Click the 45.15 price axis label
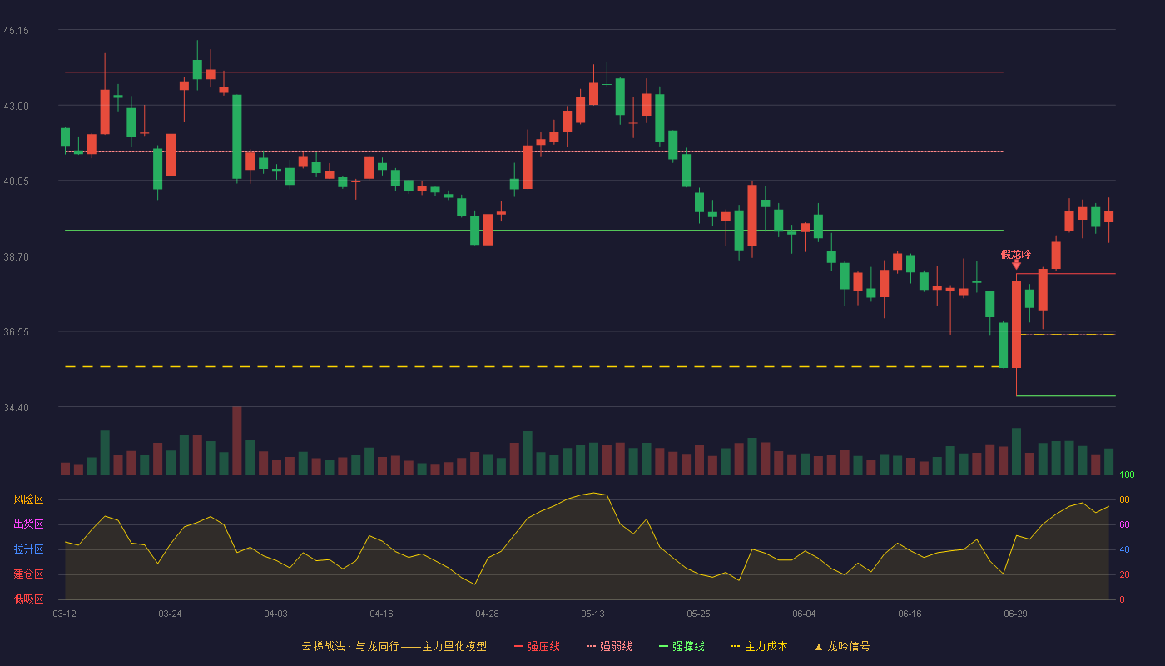(x=16, y=31)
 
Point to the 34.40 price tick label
(x=16, y=407)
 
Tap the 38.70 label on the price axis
(x=16, y=257)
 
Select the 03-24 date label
(x=170, y=614)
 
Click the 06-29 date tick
(x=1016, y=614)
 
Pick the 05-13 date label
(x=592, y=614)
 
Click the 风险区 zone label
(x=28, y=499)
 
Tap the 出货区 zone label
(x=28, y=524)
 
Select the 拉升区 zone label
(x=28, y=549)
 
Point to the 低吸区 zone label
(x=28, y=599)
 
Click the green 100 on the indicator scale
(x=1127, y=475)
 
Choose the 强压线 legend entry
(x=537, y=646)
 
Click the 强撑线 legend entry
(x=682, y=646)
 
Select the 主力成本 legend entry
(x=759, y=646)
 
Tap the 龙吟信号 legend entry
(x=842, y=646)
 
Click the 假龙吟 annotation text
(x=1016, y=255)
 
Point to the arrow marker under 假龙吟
(x=1016, y=266)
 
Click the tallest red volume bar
(x=236, y=440)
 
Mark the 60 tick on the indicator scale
(x=1124, y=524)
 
